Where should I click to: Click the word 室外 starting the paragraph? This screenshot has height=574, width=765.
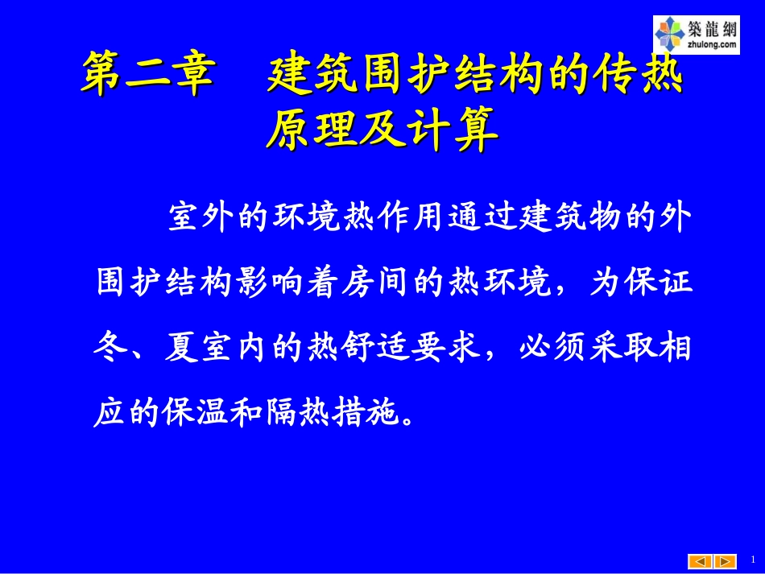201,219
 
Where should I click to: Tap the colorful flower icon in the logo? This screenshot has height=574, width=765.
670,34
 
